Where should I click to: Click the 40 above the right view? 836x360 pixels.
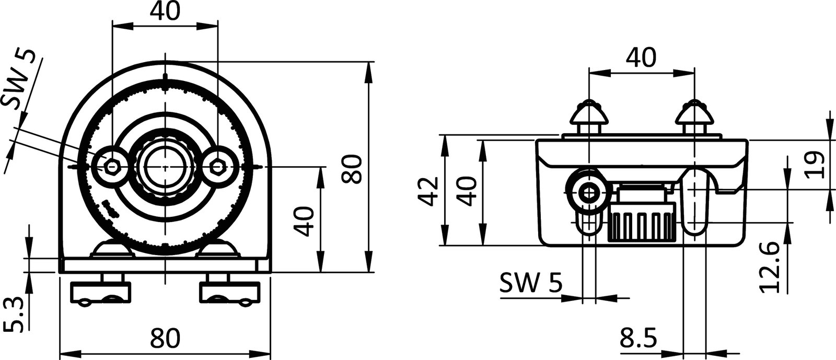[x=641, y=58]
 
